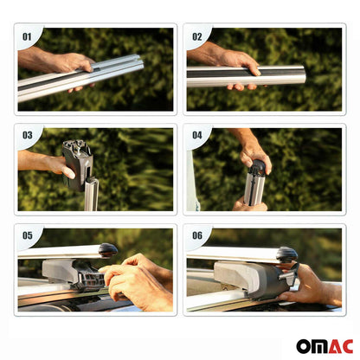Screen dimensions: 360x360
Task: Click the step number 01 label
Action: pyautogui.click(x=27, y=36)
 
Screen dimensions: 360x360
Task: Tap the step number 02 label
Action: pyautogui.click(x=196, y=36)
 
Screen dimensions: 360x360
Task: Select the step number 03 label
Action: pyautogui.click(x=27, y=136)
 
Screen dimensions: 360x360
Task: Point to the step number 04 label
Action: pyautogui.click(x=196, y=136)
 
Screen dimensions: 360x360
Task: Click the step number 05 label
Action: pyautogui.click(x=27, y=236)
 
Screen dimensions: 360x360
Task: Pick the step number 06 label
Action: pyautogui.click(x=196, y=236)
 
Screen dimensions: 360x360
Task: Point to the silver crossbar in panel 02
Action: pyautogui.click(x=260, y=76)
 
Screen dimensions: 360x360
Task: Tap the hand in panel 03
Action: pyautogui.click(x=48, y=163)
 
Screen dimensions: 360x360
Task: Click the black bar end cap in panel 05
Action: pyautogui.click(x=108, y=250)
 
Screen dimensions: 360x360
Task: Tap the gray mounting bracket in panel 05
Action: pyautogui.click(x=74, y=273)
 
